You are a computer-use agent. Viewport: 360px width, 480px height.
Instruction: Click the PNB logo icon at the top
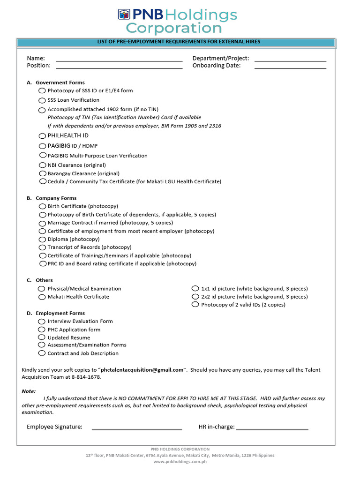pos(123,15)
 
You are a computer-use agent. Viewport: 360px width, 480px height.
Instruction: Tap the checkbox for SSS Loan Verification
pos(42,100)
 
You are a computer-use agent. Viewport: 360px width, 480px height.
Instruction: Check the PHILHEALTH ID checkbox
pos(42,135)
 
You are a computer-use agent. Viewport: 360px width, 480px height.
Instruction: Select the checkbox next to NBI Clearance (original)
pos(43,165)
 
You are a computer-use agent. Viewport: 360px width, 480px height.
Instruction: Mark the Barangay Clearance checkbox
pos(43,173)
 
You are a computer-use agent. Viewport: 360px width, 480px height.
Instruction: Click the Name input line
pos(119,60)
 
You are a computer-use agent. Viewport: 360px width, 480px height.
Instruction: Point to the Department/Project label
pos(221,59)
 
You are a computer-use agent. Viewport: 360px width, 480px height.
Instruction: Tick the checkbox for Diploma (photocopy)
pos(43,239)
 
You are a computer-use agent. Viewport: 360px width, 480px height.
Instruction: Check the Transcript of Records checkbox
pos(43,247)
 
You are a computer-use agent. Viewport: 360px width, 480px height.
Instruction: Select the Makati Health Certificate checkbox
pos(42,297)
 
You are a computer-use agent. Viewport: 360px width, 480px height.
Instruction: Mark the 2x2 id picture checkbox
pos(195,297)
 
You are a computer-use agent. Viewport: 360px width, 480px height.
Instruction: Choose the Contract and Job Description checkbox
pos(42,353)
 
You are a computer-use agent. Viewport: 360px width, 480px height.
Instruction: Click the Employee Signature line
pos(136,428)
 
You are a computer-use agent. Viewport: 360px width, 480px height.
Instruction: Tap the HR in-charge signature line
pos(272,428)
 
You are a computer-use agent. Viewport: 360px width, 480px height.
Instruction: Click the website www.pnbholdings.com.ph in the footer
pos(180,462)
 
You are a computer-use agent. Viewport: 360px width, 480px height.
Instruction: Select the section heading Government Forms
pos(60,82)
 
